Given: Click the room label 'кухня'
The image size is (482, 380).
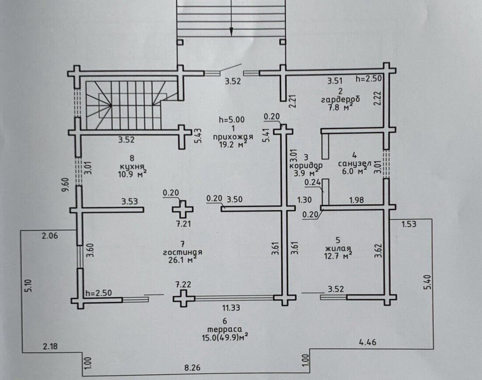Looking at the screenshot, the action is tap(132, 167).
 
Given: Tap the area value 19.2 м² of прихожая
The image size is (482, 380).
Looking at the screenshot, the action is tap(233, 144).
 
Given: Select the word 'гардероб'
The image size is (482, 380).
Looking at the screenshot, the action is tap(340, 99).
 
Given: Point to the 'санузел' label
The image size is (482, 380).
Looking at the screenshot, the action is tap(355, 163).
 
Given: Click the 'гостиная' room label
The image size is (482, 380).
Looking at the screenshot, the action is tap(182, 252).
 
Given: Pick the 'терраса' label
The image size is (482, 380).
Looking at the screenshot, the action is tap(224, 329).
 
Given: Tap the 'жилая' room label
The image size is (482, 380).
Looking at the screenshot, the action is tap(338, 248).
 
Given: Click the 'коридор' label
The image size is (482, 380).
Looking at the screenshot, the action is tap(306, 165).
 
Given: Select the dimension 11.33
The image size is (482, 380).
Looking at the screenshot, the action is tap(231, 307).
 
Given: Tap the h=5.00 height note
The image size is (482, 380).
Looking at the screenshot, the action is tap(232, 119).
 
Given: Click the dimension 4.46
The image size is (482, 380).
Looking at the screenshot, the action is tap(368, 342).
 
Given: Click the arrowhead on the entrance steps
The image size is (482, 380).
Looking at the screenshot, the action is tap(232, 33).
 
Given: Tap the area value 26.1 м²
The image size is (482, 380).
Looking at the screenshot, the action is tap(182, 260).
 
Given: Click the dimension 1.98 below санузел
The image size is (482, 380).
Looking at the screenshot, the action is tap(357, 200).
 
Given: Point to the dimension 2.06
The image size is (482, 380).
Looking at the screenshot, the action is tap(50, 236).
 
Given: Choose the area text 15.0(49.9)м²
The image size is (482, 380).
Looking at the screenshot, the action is tap(224, 338).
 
